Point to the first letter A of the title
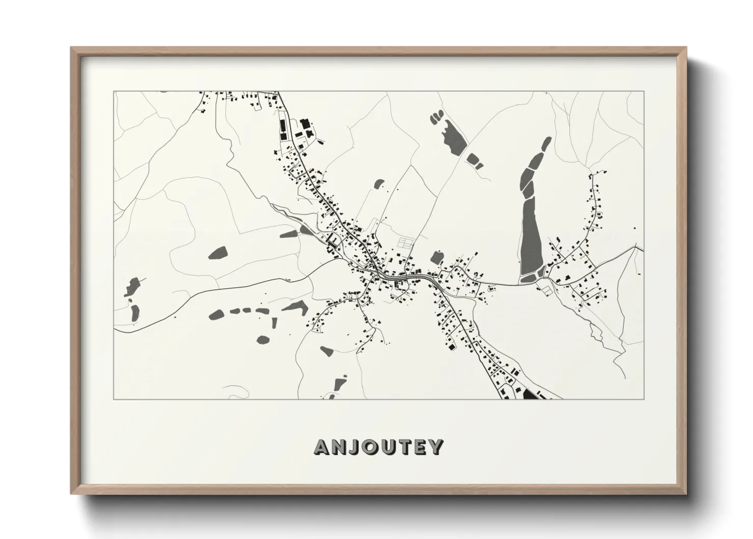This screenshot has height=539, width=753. coord(323,447)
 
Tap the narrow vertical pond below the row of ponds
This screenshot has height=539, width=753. coord(273,324)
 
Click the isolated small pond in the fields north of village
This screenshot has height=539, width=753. coord(379,183)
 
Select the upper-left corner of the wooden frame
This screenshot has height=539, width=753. coord(72,48)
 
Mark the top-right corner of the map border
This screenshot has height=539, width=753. coord(644,92)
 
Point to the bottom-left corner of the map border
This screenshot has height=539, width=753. coord(113,399)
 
